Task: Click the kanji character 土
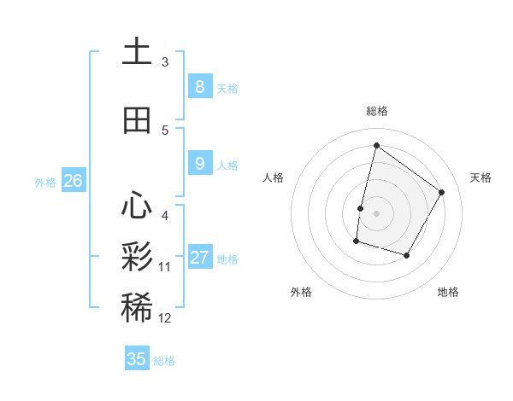137,51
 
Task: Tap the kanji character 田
137,120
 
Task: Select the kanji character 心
137,206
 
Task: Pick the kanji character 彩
137,257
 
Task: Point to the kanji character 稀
137,308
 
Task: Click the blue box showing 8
199,87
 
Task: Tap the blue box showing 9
199,164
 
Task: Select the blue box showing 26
73,181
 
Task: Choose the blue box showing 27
199,258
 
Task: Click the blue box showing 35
137,359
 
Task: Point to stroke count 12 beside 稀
165,318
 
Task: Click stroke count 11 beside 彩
165,267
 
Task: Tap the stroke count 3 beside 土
165,61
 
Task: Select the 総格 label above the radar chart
376,111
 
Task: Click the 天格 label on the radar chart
481,177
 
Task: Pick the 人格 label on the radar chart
273,177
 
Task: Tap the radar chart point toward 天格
442,192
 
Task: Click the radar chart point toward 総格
376,145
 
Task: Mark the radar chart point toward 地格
407,256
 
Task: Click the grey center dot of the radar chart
376,213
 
